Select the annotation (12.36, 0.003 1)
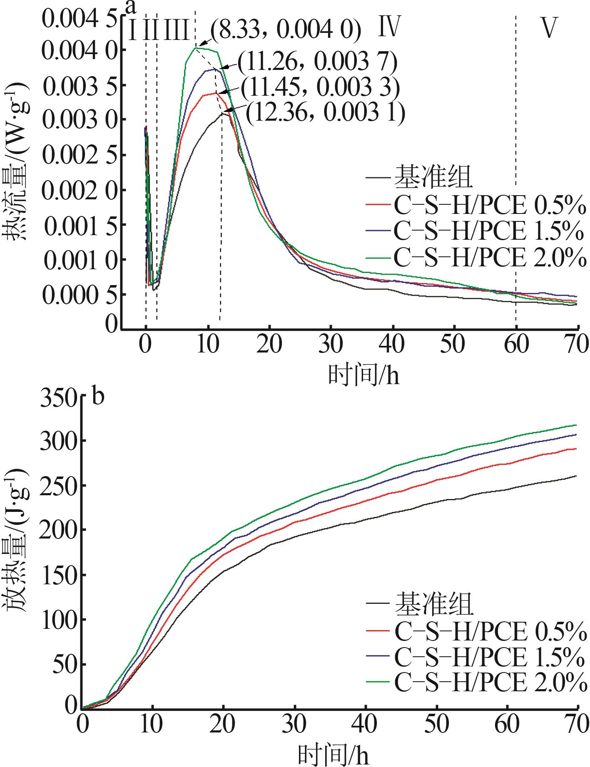[325, 113]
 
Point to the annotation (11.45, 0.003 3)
[319, 87]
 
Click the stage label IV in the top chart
[389, 27]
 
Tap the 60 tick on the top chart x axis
[515, 345]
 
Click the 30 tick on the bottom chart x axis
[295, 725]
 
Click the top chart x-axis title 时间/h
[363, 374]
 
